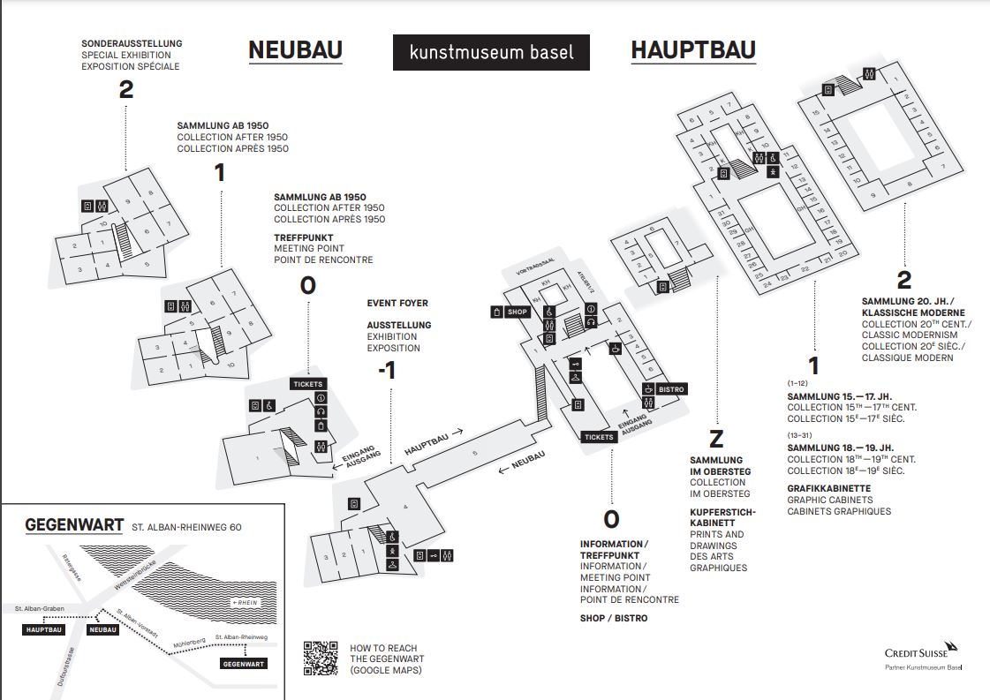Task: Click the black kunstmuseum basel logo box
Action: [x=491, y=52]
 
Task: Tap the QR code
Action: [x=320, y=658]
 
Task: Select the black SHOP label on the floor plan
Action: [x=511, y=312]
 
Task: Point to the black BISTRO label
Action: [x=665, y=389]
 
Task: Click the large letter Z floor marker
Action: [x=716, y=439]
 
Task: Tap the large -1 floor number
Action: [x=386, y=371]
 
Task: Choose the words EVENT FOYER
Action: [x=397, y=303]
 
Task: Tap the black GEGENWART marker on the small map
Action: [x=243, y=663]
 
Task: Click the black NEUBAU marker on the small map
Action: [x=103, y=629]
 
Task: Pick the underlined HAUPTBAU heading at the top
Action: [x=692, y=50]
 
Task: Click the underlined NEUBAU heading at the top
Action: [x=295, y=50]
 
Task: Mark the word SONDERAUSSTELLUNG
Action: [x=131, y=43]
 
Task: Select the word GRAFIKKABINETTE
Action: [x=828, y=488]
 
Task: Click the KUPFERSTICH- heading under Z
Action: [x=722, y=511]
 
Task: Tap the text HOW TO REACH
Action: [x=383, y=648]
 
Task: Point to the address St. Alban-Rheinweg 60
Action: [x=186, y=527]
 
